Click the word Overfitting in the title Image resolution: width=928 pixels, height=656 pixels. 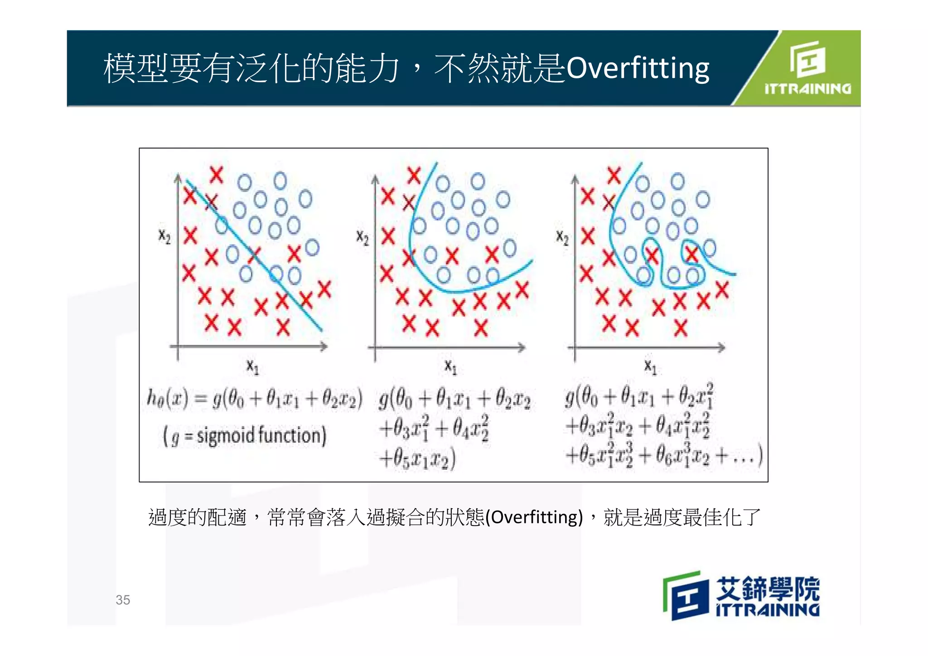(x=638, y=69)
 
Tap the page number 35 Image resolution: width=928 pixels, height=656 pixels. (x=123, y=600)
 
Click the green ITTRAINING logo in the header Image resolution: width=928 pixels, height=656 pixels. (x=807, y=68)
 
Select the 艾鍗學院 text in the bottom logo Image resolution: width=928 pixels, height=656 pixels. (x=768, y=588)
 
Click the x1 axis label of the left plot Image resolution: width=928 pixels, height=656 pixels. (x=252, y=367)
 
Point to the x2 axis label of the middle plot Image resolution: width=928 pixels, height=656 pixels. (x=362, y=237)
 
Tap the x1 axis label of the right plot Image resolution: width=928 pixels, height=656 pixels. (x=650, y=367)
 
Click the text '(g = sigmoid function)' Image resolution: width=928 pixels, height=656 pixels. (x=245, y=436)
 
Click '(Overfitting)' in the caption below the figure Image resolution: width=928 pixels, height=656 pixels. (x=534, y=517)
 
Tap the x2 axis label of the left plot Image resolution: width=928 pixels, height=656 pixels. (x=164, y=236)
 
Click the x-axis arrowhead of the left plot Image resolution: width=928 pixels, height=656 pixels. (x=324, y=347)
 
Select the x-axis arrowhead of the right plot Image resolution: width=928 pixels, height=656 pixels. (x=721, y=347)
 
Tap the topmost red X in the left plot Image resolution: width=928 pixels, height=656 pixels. (x=217, y=174)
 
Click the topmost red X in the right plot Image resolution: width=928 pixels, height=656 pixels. (x=614, y=175)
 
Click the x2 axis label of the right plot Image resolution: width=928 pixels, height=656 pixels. (x=562, y=237)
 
